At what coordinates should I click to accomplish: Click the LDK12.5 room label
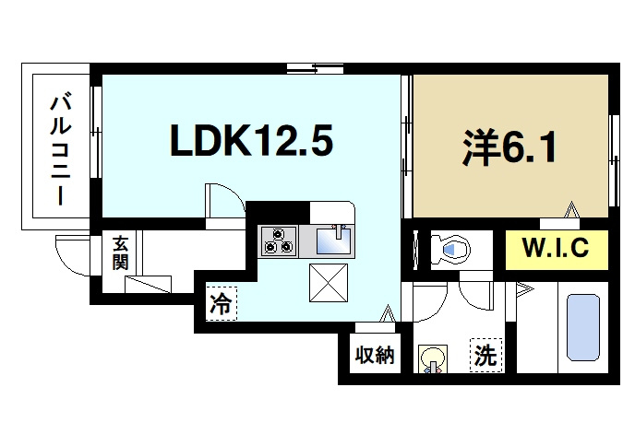coord(251,140)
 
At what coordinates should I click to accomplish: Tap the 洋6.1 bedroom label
coord(509,148)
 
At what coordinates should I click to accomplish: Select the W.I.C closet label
coord(556,248)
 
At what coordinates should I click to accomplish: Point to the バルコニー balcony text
coord(61,149)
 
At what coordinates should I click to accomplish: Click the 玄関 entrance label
coord(120,252)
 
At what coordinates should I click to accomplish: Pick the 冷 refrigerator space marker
coord(221,304)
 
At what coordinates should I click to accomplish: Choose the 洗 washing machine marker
coord(485,355)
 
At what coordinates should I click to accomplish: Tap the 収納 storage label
coord(375,355)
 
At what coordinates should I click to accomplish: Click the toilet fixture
coord(449,250)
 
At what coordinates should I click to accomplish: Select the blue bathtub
coord(583,327)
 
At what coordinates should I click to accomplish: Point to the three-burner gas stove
coord(278,241)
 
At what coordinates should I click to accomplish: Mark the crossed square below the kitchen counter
coord(329,283)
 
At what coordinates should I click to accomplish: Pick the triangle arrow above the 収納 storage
coord(388,313)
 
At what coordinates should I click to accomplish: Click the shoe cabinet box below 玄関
coord(148,284)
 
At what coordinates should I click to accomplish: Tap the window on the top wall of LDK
coord(315,68)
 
